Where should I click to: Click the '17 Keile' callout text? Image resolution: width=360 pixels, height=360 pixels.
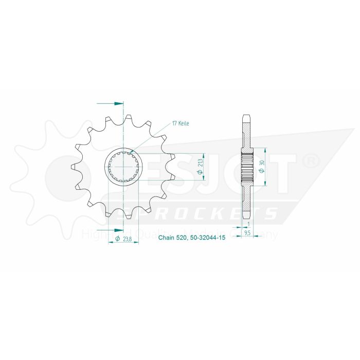[x=182, y=124]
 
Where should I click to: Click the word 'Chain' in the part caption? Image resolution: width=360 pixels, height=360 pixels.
[x=166, y=238]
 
